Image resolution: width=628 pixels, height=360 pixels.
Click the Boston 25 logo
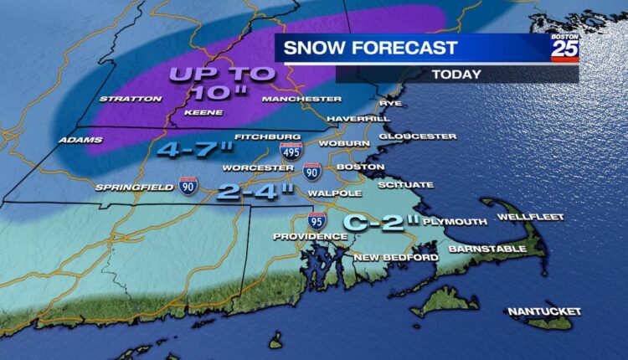point(564,48)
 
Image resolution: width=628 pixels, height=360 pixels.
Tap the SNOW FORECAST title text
point(370,49)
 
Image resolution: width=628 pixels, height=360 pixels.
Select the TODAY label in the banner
point(456,75)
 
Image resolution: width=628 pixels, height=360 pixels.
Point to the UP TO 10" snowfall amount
point(222,82)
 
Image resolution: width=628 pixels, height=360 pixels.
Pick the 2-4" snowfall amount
point(255,191)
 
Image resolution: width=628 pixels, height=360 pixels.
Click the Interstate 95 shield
point(317,222)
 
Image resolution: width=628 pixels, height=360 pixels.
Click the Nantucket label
point(544,311)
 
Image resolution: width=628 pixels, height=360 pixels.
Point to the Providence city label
point(310,238)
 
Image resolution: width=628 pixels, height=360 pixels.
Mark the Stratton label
point(131,99)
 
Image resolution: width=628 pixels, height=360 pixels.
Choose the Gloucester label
point(417,136)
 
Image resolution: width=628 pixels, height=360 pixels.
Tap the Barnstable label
point(487,249)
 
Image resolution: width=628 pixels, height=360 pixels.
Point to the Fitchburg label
point(255,136)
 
